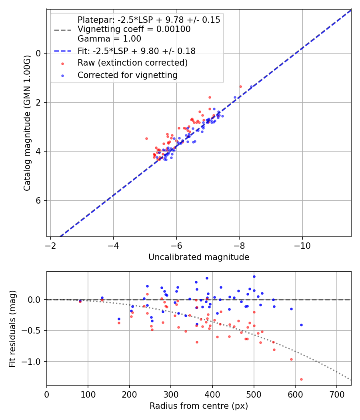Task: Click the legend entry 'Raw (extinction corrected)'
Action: coord(132,63)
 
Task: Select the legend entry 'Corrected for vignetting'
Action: coord(128,75)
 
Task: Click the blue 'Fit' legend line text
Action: coord(136,51)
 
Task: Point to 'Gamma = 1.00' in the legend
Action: coord(109,39)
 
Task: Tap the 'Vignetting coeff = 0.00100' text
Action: coord(134,29)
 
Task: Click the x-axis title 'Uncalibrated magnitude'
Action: coord(199,257)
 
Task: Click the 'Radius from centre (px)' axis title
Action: coord(199,406)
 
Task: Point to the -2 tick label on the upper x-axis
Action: coord(50,244)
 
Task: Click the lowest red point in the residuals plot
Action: coord(301,379)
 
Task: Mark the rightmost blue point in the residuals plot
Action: coord(301,325)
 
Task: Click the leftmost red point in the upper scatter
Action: coord(146,138)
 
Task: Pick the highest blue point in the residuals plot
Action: coord(254,276)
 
